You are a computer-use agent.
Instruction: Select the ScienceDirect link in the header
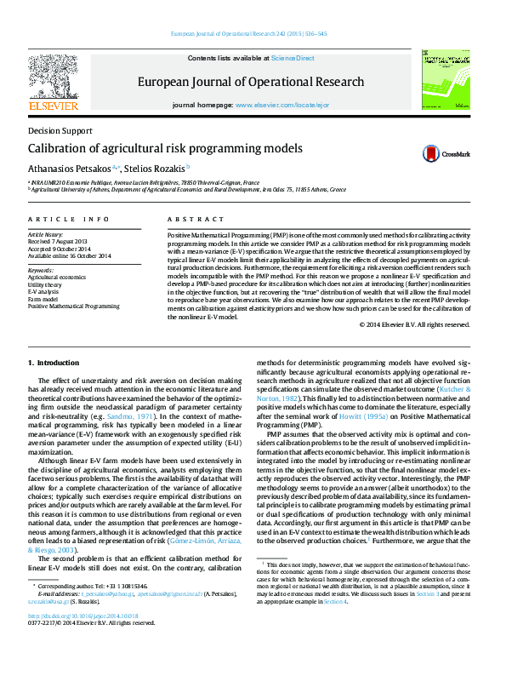pyautogui.click(x=293, y=58)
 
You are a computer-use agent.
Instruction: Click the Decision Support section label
pyautogui.click(x=60, y=131)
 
